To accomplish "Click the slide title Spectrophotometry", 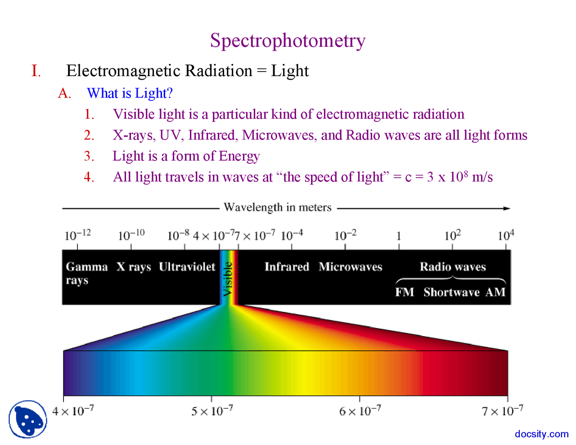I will [x=288, y=41].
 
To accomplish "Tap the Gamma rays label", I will [x=86, y=273].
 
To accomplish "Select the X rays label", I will [x=134, y=267].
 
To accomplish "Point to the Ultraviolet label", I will [x=187, y=267].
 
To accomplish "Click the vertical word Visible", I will [x=229, y=279].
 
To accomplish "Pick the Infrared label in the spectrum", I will [x=287, y=267].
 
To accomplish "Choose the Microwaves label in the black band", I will [x=350, y=267].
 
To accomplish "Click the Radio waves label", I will [x=453, y=267].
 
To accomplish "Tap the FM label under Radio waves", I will [x=405, y=292].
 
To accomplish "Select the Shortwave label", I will [x=451, y=292].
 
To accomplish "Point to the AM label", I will [x=495, y=292].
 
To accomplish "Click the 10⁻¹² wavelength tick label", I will [x=77, y=235].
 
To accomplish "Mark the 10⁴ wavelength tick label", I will [x=506, y=235].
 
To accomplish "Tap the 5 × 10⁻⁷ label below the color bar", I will [x=212, y=411].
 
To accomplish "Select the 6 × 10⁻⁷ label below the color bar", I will [x=360, y=411].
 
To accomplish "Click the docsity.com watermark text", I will [x=541, y=434].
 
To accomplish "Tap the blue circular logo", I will [x=28, y=419].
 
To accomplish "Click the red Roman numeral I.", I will [x=36, y=71].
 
